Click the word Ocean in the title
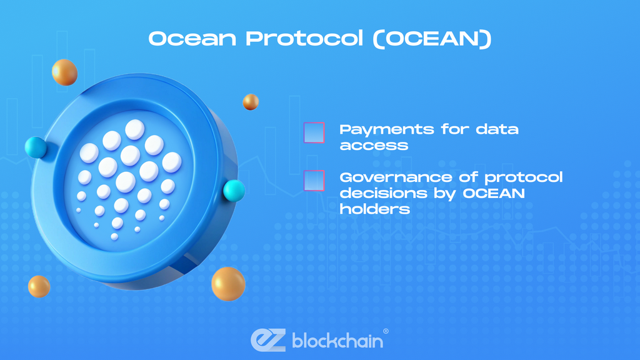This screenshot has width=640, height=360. pos(193,38)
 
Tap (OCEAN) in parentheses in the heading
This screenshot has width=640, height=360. pos(437,38)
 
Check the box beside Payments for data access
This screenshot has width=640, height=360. pos(314,133)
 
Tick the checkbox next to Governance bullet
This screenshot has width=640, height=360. pos(314,180)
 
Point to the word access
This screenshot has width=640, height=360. pos(374,146)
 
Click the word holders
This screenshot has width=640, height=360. pos(375,209)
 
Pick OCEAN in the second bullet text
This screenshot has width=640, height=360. pos(493,193)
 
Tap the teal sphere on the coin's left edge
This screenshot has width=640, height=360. pos(36,148)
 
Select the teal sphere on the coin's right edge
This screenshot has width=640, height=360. pos(234,190)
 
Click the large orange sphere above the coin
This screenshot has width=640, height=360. pos(64,72)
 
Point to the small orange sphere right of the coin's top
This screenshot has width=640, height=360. pos(251,102)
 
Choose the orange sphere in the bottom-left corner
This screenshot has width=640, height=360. pos(39,286)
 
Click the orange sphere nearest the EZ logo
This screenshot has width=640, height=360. pos(228,284)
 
